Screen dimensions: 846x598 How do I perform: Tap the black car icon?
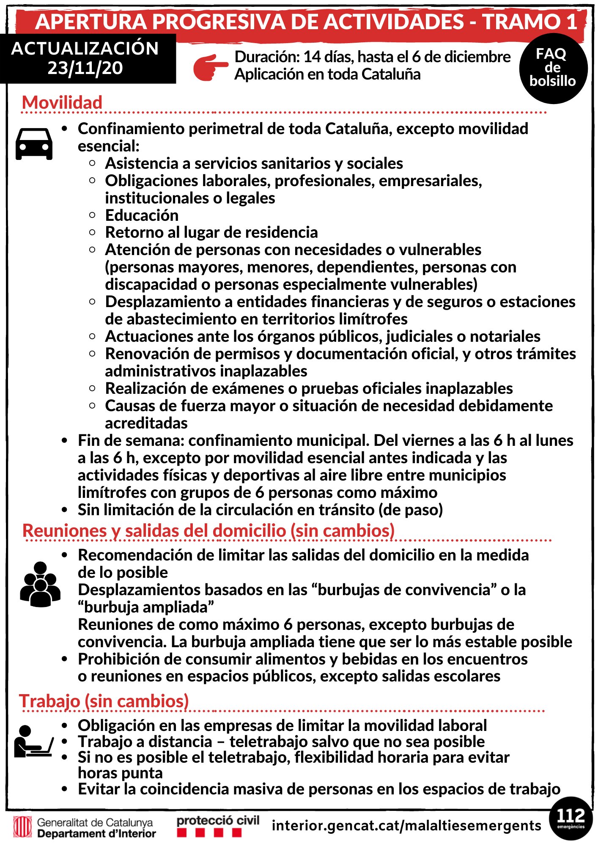(x=34, y=144)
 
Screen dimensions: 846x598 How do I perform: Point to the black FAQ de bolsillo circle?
(x=553, y=68)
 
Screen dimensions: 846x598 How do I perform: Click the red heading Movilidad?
(x=62, y=103)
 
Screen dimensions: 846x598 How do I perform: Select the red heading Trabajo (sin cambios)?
(x=104, y=701)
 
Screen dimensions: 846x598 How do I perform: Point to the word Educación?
(x=142, y=215)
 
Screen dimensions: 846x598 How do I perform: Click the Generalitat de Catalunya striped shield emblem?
(x=22, y=827)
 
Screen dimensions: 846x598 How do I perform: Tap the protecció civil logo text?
(x=218, y=821)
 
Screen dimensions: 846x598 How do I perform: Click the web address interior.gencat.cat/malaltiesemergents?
(x=406, y=825)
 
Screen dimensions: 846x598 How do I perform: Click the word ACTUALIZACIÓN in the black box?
(x=85, y=49)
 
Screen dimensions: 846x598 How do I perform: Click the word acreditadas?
(x=146, y=423)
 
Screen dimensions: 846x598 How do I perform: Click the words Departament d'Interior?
(x=96, y=834)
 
